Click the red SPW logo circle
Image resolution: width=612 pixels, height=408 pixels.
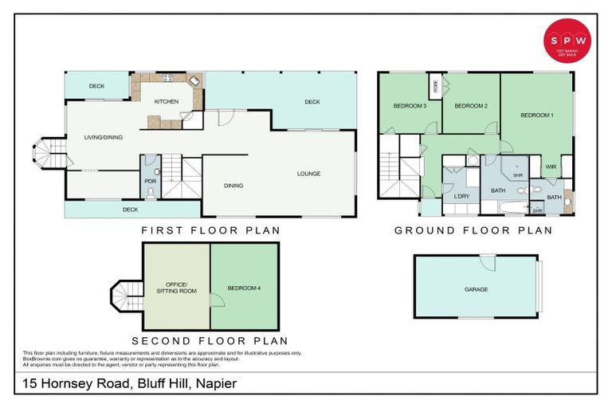click(x=567, y=41)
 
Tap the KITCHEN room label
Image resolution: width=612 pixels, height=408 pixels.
click(x=166, y=102)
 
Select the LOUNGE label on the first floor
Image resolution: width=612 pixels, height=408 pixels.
click(x=308, y=174)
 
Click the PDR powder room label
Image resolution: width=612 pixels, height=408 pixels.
click(x=150, y=182)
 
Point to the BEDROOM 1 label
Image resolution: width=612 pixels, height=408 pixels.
click(x=536, y=116)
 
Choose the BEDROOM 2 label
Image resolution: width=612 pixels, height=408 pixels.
click(x=470, y=106)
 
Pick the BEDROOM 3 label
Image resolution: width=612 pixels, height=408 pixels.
click(x=410, y=106)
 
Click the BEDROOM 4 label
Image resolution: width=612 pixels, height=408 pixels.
click(x=244, y=287)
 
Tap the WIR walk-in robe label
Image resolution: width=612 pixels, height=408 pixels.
click(x=551, y=167)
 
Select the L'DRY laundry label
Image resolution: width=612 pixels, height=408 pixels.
click(x=460, y=196)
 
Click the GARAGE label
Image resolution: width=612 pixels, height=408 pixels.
click(x=476, y=289)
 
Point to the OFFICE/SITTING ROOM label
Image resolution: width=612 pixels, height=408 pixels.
click(x=175, y=288)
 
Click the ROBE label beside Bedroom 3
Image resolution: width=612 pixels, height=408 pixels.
click(x=435, y=85)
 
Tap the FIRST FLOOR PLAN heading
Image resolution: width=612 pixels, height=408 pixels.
click(x=210, y=231)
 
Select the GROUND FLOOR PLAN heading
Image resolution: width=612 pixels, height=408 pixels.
click(x=473, y=231)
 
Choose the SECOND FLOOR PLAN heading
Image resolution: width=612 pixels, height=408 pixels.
click(x=204, y=340)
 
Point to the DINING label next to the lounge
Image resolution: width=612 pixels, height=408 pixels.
click(x=233, y=186)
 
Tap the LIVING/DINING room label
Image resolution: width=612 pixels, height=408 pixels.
click(x=104, y=138)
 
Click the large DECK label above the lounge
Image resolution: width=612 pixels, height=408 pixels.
click(x=312, y=102)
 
